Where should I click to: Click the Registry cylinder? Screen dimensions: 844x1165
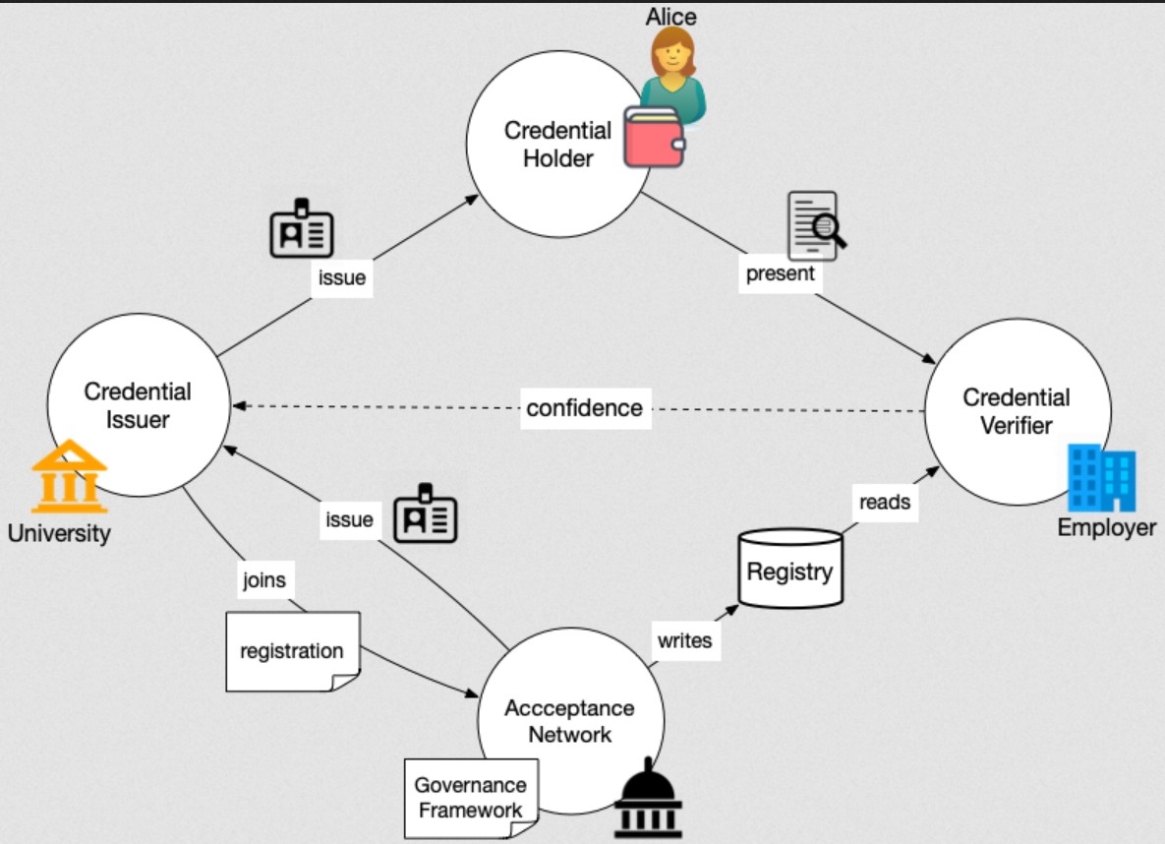point(789,572)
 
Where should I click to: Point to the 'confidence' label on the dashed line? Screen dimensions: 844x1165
point(584,407)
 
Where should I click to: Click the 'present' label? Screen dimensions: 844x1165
point(781,273)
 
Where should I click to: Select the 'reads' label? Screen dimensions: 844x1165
point(884,502)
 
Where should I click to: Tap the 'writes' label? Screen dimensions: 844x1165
point(684,640)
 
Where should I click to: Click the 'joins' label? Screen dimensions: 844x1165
point(264,579)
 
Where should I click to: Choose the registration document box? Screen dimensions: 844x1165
point(292,651)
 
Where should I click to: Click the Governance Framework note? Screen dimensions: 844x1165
point(471,798)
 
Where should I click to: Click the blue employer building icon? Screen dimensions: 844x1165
point(1102,477)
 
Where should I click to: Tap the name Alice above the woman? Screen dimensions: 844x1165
point(670,16)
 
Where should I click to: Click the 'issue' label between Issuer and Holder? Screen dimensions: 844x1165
point(342,277)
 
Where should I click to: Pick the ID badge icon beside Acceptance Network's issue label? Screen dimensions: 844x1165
point(426,512)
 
